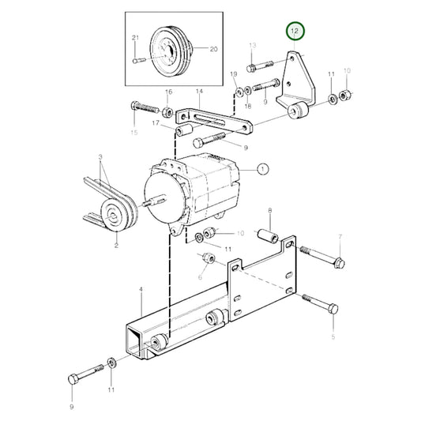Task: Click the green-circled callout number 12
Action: pyautogui.click(x=295, y=32)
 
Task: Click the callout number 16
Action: pyautogui.click(x=167, y=93)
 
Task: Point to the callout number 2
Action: pyautogui.click(x=115, y=246)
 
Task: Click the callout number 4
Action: pyautogui.click(x=141, y=291)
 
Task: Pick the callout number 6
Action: pyautogui.click(x=200, y=278)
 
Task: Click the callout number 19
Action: pyautogui.click(x=234, y=74)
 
